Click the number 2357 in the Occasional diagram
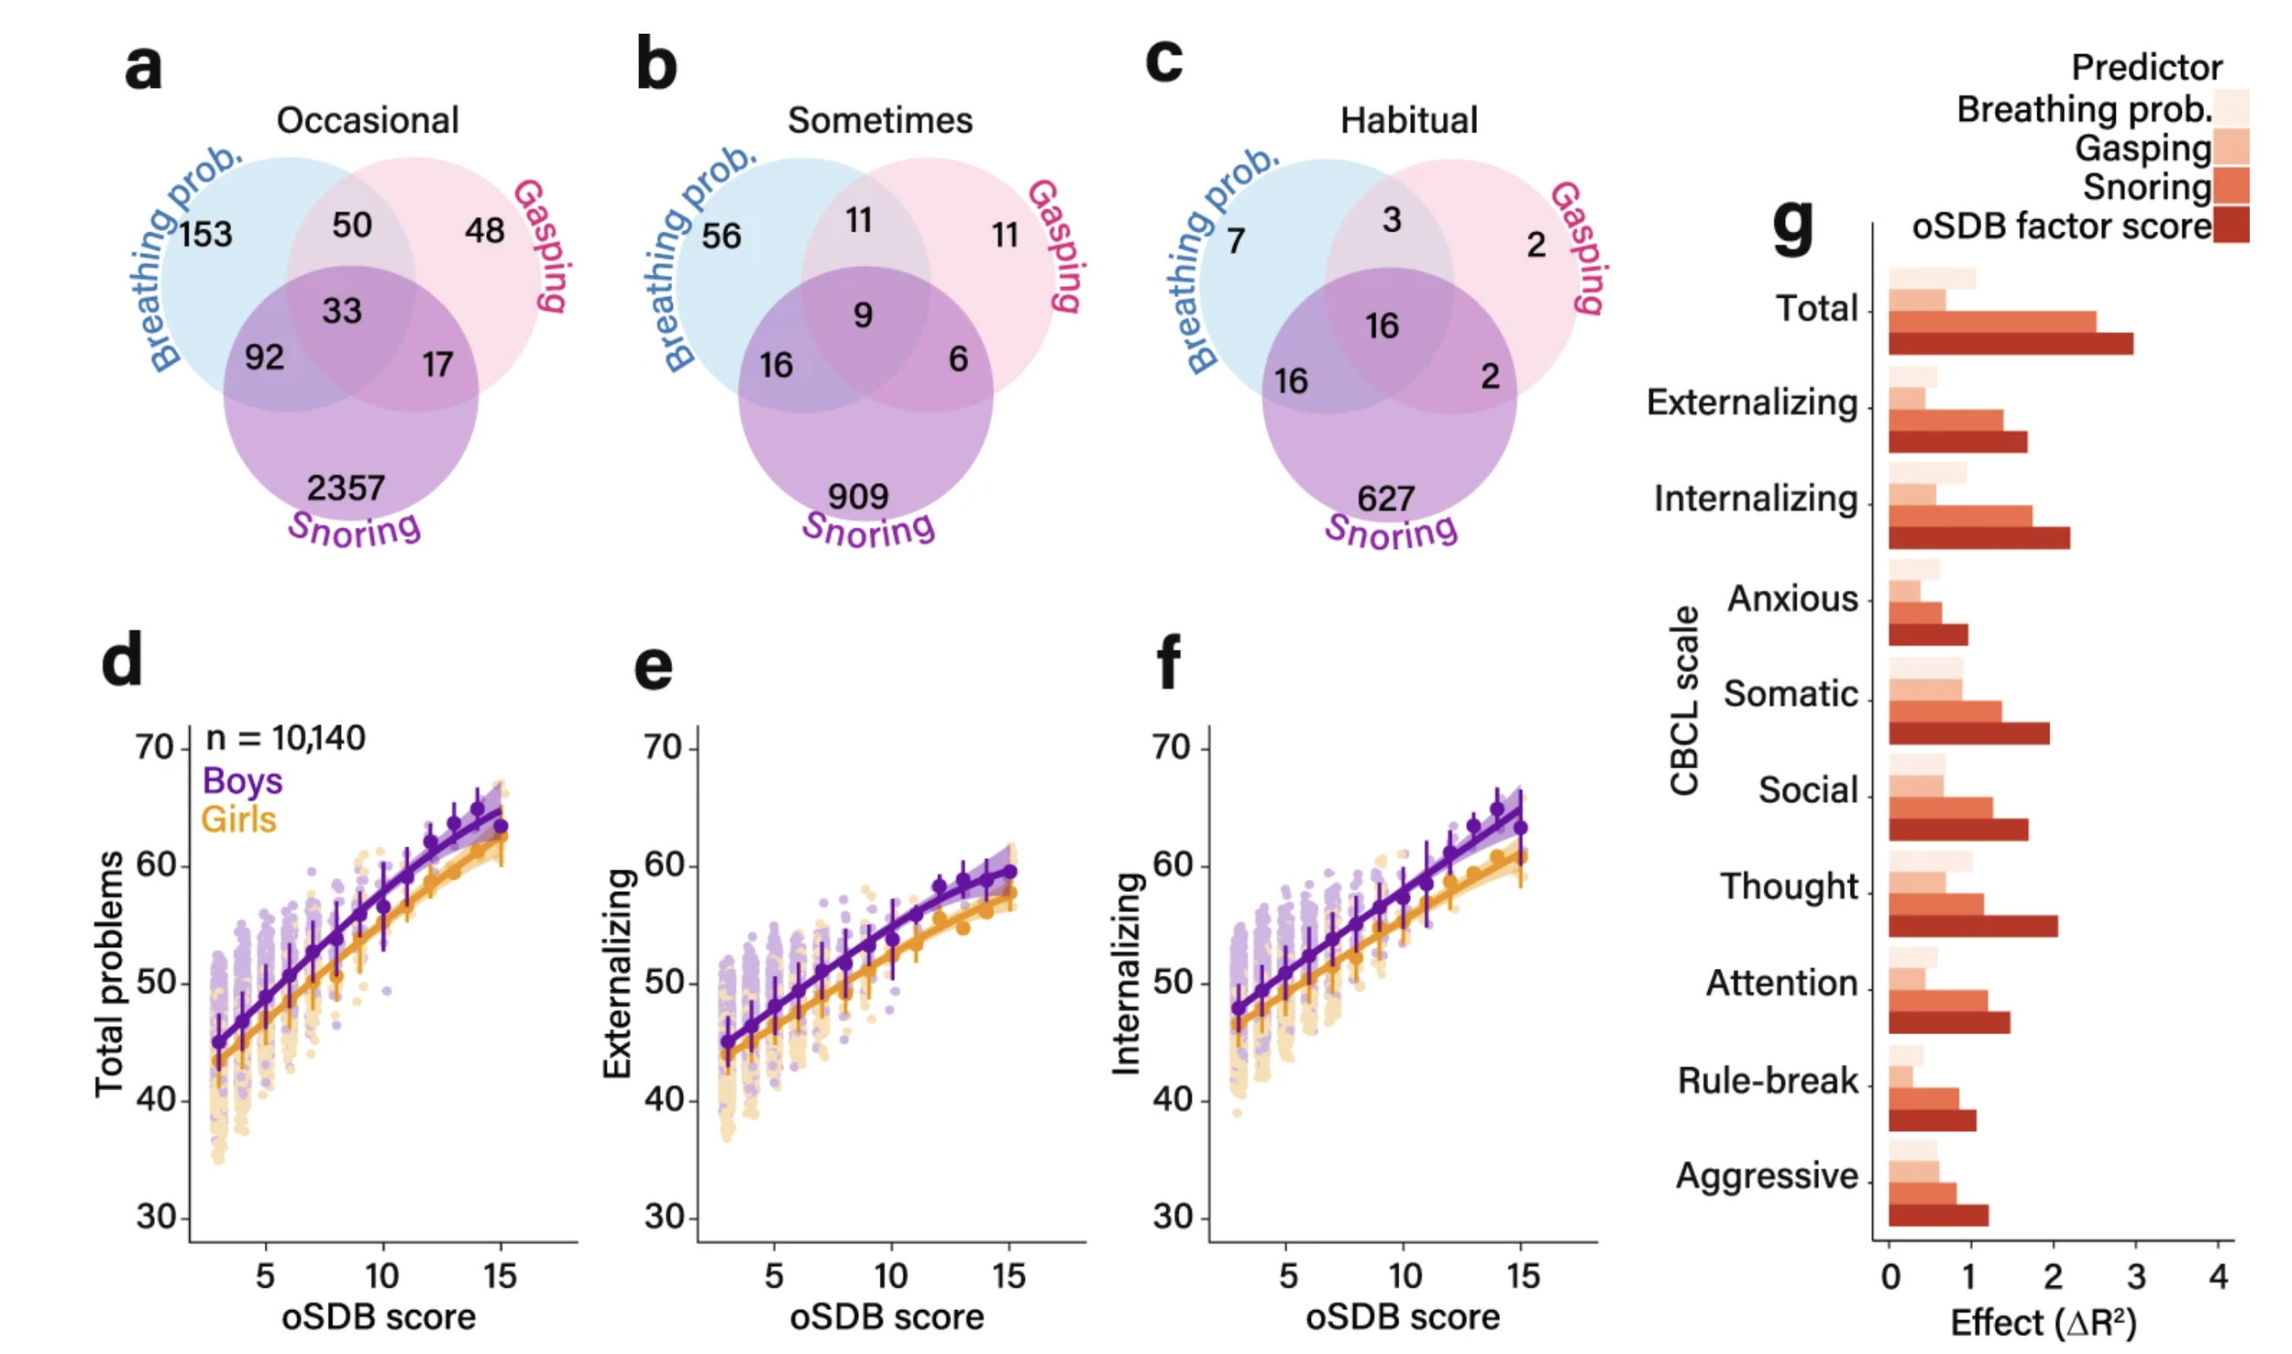click(x=346, y=488)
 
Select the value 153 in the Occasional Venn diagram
click(x=205, y=235)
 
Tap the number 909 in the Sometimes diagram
click(x=858, y=497)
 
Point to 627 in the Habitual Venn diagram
click(x=1386, y=499)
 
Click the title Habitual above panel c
click(x=1409, y=120)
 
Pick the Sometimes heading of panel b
click(x=880, y=120)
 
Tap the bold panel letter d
click(x=122, y=660)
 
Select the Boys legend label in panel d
click(x=242, y=780)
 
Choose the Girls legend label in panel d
click(x=238, y=819)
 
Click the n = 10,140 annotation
click(x=285, y=737)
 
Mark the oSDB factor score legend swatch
click(x=2231, y=226)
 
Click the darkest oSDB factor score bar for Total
click(x=2010, y=344)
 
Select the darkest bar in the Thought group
click(x=1972, y=926)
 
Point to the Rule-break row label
click(x=1767, y=1080)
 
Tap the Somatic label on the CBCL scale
click(x=1790, y=693)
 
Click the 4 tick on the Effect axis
click(x=2218, y=1276)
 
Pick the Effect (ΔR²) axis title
click(x=2043, y=1323)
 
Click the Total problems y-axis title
click(x=109, y=974)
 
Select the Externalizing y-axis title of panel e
click(x=617, y=974)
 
